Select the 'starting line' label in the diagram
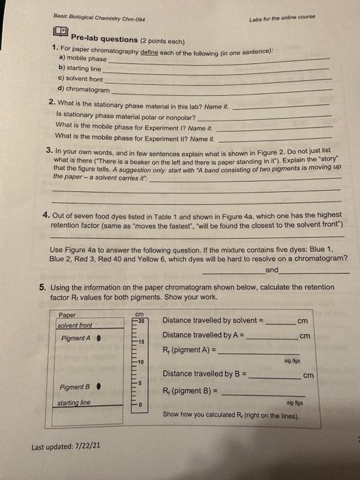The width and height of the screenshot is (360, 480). point(76,404)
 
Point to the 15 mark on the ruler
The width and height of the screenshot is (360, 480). point(142,341)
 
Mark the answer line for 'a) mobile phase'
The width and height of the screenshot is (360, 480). point(219,61)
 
